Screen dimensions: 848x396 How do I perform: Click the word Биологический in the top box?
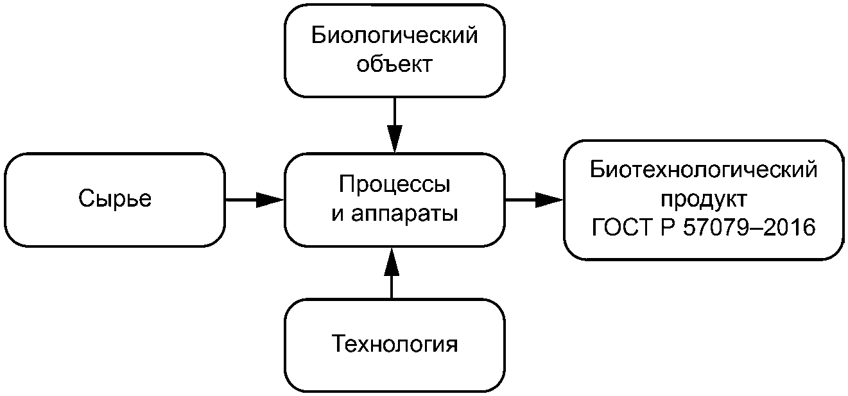(395, 35)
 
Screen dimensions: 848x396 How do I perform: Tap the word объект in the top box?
(395, 64)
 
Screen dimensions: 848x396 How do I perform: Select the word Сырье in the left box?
(115, 198)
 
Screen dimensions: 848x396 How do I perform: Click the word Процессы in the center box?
(395, 185)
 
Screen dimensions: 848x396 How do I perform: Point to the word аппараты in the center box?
(404, 214)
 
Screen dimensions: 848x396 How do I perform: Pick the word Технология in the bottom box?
(395, 344)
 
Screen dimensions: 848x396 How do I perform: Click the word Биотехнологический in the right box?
(704, 169)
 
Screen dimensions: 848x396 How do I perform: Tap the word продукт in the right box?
(704, 199)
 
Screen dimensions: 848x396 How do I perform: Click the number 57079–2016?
(749, 228)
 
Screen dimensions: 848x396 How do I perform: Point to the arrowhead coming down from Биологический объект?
(395, 139)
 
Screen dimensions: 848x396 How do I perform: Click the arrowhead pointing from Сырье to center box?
(270, 200)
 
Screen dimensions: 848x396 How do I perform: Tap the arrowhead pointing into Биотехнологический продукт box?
(549, 200)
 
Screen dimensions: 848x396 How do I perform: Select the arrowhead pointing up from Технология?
(392, 261)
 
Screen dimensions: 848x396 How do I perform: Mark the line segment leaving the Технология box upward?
(392, 287)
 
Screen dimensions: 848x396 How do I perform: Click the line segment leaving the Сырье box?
(241, 200)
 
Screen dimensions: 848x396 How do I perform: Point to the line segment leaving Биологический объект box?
(395, 111)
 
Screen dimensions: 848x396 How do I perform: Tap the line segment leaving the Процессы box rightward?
(521, 200)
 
